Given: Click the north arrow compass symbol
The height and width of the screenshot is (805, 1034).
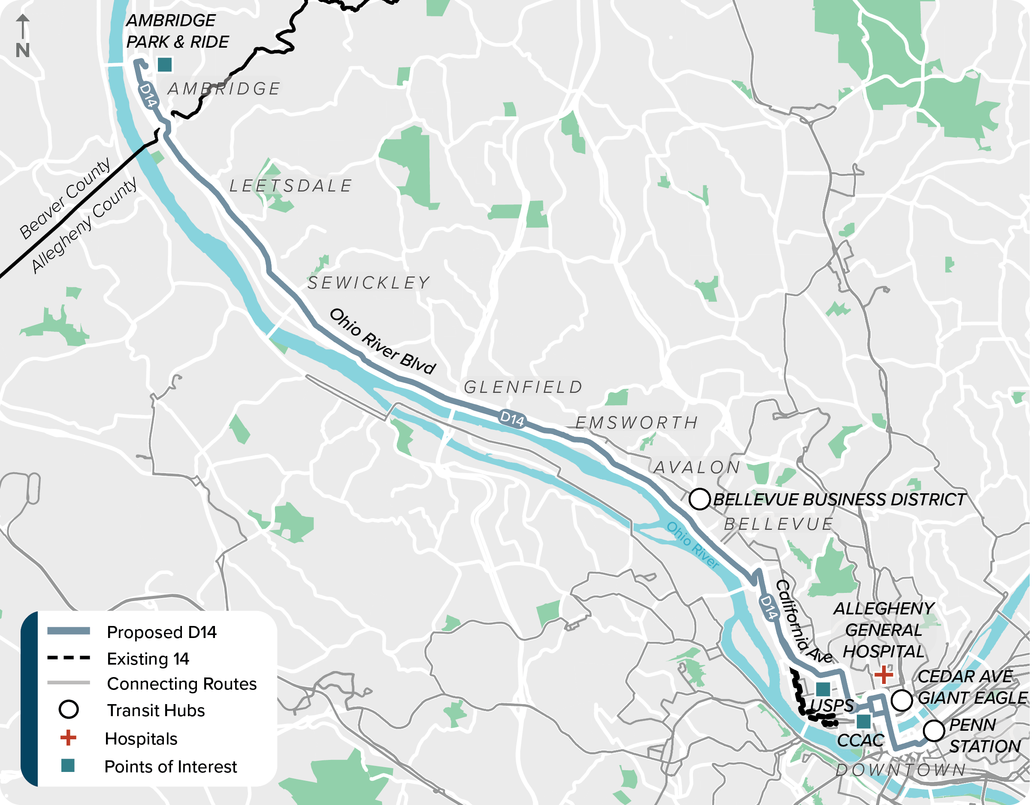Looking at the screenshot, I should (23, 36).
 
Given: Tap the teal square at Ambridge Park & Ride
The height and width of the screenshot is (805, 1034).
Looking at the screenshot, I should (165, 64).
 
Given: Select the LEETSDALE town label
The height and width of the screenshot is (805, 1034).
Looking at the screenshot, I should (291, 186).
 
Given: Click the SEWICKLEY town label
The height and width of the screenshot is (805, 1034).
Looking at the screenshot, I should (369, 283).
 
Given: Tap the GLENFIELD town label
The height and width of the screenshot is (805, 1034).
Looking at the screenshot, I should (523, 388).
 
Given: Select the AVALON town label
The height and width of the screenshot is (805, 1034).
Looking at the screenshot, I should (697, 468).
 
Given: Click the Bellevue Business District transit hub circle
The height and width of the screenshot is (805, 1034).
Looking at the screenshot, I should (699, 499).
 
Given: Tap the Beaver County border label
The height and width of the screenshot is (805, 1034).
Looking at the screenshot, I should (65, 199).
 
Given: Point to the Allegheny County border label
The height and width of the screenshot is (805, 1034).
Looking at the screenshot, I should (84, 225).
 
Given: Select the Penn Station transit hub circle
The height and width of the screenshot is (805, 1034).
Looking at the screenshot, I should (934, 731).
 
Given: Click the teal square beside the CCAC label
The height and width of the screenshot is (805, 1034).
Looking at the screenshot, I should (864, 722).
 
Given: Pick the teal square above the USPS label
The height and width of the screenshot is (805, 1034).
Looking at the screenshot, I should (823, 689).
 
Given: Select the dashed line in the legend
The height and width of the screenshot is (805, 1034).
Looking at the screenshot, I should (69, 658).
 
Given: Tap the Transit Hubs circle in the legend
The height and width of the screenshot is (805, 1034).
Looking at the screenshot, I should (69, 710).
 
